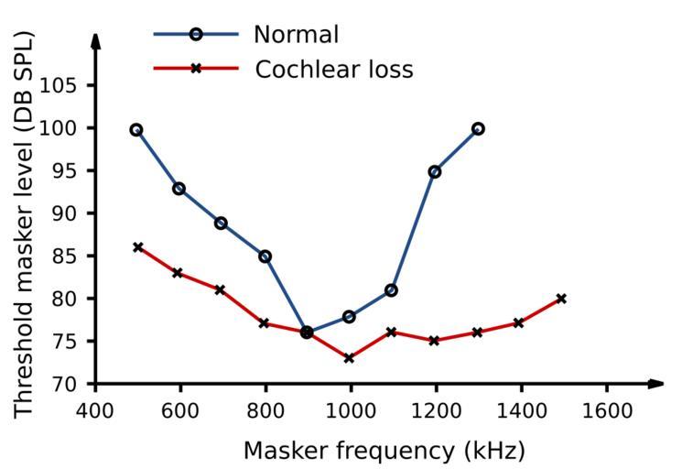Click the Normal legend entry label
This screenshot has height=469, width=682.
(x=296, y=35)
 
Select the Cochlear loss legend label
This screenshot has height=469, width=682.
(x=334, y=69)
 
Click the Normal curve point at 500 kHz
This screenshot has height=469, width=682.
(x=136, y=130)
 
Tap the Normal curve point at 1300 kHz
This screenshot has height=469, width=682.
(x=478, y=129)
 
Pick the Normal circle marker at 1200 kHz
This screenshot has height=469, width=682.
(x=435, y=171)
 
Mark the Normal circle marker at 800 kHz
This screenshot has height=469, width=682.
(x=265, y=256)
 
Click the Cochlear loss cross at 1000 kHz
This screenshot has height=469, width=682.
(x=349, y=358)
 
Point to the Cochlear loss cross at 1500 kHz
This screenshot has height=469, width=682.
(x=561, y=299)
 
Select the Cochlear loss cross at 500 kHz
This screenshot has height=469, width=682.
(x=138, y=247)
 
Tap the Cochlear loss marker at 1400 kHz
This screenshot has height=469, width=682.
(x=518, y=323)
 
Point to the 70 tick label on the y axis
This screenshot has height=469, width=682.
(x=76, y=384)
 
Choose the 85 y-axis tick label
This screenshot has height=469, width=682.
(x=76, y=256)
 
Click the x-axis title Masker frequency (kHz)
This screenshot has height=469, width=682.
(x=384, y=451)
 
